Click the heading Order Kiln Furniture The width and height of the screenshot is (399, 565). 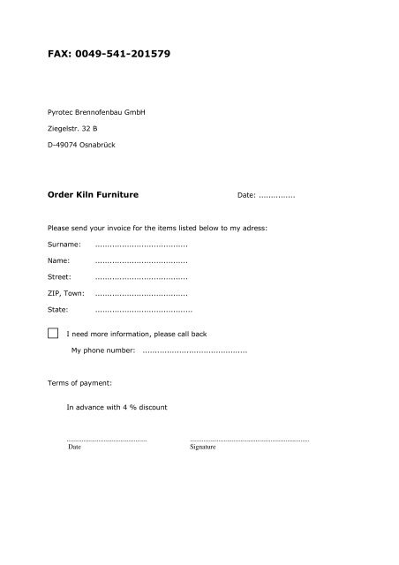(x=97, y=192)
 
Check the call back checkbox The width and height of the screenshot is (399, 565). (x=54, y=333)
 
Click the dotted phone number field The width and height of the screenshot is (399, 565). (x=194, y=350)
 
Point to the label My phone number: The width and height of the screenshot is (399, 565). (x=103, y=350)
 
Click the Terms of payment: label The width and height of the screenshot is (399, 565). (x=79, y=383)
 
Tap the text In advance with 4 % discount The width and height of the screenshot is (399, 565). (x=117, y=407)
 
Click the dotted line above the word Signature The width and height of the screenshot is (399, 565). (x=249, y=440)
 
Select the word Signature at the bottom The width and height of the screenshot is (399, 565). (x=203, y=447)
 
